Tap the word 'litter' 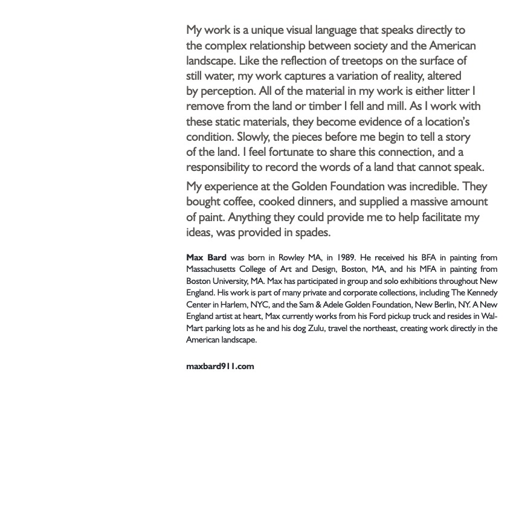coord(457,91)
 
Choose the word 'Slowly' coord(253,137)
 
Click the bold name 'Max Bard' coord(206,257)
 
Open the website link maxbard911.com coord(220,366)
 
